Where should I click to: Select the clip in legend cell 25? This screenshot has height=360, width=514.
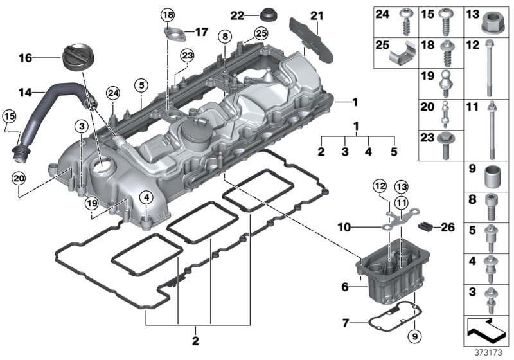tap(404, 57)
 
